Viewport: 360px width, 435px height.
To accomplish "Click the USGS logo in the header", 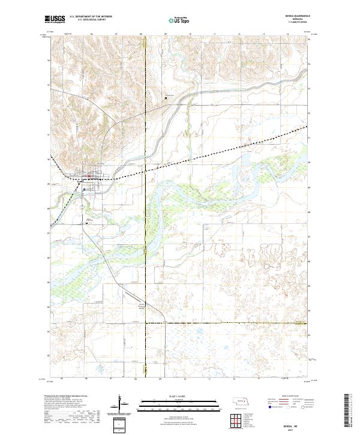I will coord(55,19).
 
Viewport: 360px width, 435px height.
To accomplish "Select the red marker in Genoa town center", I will coord(90,176).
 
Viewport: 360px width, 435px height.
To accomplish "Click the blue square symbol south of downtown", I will coord(85,189).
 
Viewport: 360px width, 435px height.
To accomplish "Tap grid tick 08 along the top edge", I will coord(142,34).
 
